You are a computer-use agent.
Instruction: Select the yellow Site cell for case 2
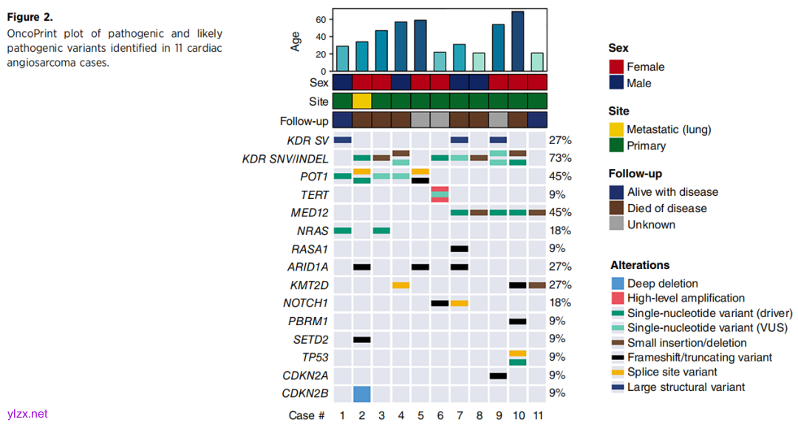click(362, 101)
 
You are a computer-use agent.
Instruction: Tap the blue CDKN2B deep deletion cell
click(362, 394)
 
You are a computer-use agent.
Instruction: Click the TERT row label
click(315, 194)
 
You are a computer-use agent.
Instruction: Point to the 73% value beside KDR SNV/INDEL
click(560, 158)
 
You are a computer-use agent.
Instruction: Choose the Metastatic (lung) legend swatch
click(616, 129)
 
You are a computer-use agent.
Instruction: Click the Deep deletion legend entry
click(662, 283)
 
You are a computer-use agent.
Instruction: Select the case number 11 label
click(537, 415)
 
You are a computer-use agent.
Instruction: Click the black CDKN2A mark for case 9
click(498, 375)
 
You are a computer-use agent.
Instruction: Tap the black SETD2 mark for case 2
click(362, 339)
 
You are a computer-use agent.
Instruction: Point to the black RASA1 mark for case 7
click(460, 249)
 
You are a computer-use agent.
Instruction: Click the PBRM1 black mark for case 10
click(517, 322)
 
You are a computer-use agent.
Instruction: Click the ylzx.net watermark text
click(27, 414)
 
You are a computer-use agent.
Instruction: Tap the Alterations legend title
click(640, 265)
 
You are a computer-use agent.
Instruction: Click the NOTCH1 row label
click(306, 303)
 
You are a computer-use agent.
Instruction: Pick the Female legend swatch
click(616, 67)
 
